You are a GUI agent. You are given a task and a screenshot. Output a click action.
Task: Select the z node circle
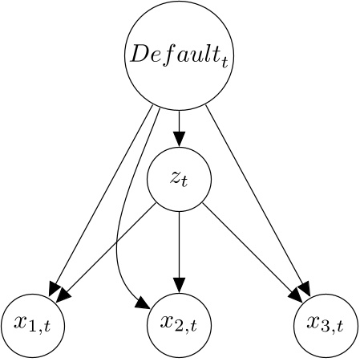point(179,179)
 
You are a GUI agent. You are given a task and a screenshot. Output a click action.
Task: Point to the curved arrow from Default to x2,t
point(119,241)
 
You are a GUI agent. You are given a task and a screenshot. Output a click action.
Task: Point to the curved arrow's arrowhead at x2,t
point(143,304)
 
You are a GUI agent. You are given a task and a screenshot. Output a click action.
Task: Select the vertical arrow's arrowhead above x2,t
point(179,285)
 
